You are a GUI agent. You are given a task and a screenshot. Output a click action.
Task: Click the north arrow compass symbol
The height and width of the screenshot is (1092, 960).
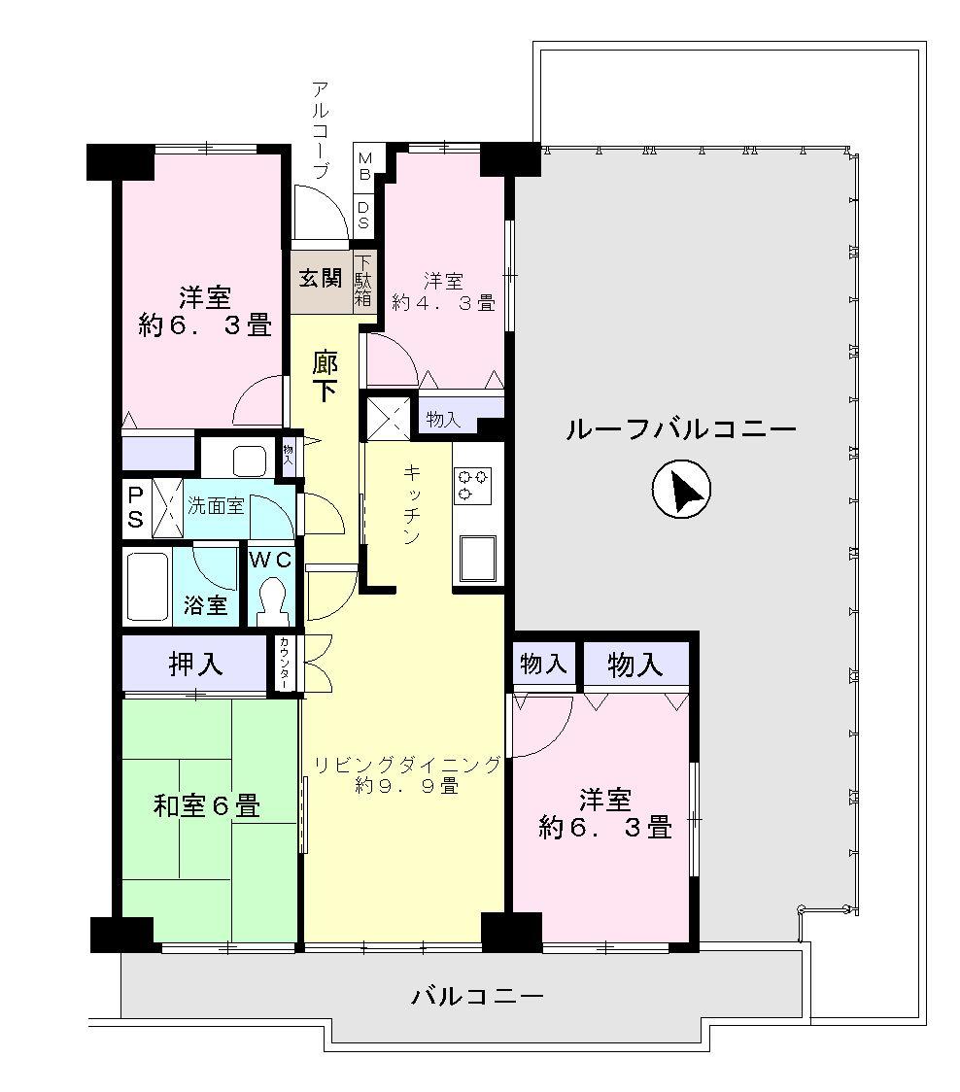(681, 489)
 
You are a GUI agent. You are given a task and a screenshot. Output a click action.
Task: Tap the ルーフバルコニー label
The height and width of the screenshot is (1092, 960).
(680, 428)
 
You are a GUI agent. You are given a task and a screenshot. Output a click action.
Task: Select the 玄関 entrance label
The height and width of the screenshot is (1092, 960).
(321, 278)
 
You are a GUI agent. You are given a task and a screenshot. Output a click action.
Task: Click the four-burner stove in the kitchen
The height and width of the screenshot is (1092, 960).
(472, 486)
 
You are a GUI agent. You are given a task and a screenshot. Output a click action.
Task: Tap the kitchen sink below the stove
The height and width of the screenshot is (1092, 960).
(476, 559)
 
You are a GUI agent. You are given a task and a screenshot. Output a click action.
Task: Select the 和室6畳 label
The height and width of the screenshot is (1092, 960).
(207, 805)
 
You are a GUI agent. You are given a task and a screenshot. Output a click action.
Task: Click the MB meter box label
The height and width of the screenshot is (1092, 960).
(364, 166)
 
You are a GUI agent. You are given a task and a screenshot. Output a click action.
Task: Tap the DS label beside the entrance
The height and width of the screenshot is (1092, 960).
(364, 215)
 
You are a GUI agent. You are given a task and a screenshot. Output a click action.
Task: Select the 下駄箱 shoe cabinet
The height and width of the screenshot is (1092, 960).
(363, 281)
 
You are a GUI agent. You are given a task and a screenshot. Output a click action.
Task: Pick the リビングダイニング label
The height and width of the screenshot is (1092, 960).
(407, 764)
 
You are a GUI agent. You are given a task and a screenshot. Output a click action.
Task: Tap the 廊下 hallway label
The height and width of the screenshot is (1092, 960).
(325, 378)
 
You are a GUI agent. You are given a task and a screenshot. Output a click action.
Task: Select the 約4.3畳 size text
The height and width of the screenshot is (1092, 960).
(444, 303)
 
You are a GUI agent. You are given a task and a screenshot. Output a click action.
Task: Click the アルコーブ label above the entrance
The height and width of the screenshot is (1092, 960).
(321, 130)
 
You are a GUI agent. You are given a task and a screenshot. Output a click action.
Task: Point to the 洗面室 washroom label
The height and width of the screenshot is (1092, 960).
(216, 505)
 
